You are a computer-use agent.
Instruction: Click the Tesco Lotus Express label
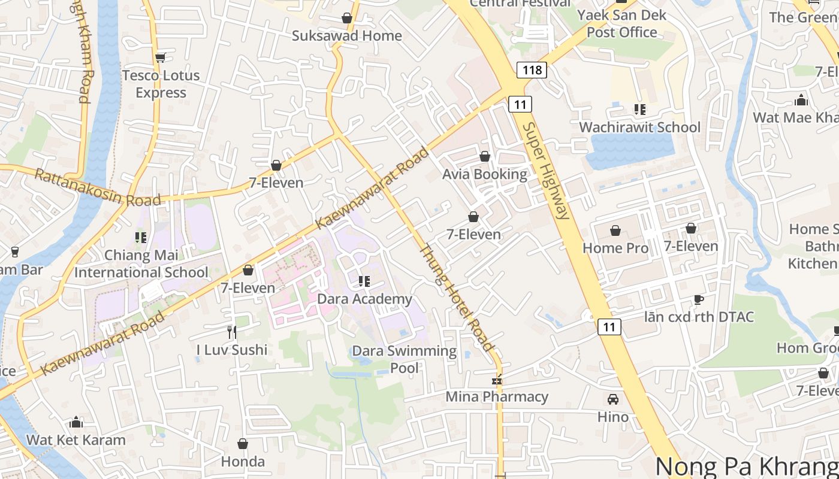coord(161,84)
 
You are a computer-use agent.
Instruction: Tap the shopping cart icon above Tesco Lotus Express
coord(160,57)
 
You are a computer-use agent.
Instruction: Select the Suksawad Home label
coord(346,36)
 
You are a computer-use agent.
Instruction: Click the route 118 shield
coord(532,70)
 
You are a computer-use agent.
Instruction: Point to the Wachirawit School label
coord(639,127)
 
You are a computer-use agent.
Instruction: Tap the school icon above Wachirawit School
coord(639,110)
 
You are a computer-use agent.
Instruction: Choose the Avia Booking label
coord(485,174)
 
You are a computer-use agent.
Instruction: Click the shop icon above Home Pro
coord(615,231)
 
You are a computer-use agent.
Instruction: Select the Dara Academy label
coord(364,299)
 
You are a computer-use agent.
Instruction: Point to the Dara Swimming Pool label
coord(405,359)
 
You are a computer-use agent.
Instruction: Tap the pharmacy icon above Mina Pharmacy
coord(496,380)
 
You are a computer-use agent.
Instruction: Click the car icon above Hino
coord(613,399)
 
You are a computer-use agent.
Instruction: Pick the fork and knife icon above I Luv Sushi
coord(232,332)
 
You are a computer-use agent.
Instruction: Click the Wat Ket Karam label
coord(76,440)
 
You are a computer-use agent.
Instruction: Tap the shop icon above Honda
coord(243,444)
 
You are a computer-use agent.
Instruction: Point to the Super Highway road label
coord(545,171)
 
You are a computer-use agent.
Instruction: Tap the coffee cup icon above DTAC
coord(698,299)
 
